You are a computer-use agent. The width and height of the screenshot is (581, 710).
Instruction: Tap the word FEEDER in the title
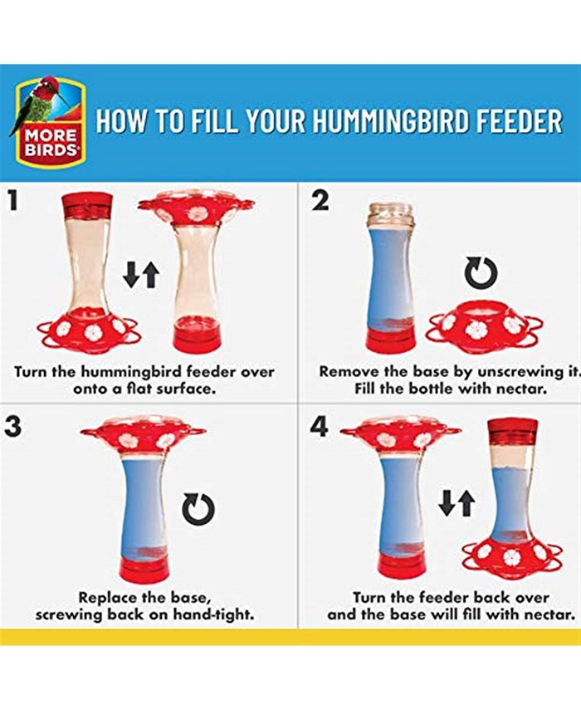point(519,121)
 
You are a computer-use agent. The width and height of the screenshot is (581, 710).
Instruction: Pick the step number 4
point(320,428)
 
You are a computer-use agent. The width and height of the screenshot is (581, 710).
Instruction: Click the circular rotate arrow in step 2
point(481,272)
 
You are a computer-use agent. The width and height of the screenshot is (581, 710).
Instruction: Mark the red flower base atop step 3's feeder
point(143,437)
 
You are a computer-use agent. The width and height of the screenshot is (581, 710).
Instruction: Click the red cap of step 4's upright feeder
point(512,430)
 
